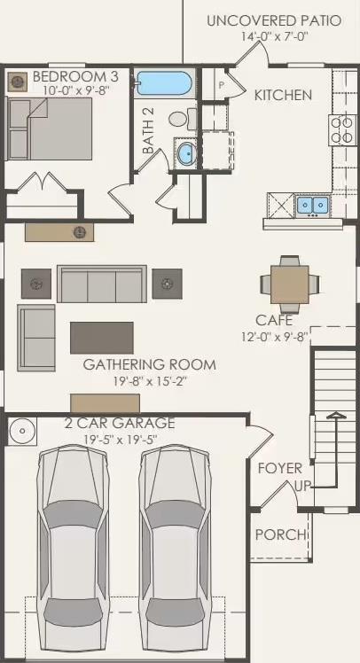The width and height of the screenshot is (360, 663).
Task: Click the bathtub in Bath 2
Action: click(165, 84)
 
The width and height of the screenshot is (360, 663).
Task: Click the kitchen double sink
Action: click(312, 206)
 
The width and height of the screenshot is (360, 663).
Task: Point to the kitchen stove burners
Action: click(341, 130)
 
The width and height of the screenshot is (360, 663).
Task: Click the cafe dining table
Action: click(289, 284)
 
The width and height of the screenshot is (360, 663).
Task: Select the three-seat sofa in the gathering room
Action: click(102, 284)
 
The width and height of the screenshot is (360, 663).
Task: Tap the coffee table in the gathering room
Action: click(102, 337)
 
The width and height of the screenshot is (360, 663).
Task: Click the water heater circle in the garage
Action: click(23, 433)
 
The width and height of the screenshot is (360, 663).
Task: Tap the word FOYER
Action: click(279, 468)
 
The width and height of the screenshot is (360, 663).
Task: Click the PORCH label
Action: click(280, 534)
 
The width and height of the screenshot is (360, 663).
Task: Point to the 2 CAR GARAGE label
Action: click(120, 424)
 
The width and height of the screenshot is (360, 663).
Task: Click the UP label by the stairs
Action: click(302, 487)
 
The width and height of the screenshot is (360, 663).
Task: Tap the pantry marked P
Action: click(221, 84)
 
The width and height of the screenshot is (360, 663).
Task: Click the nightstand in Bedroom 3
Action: click(18, 82)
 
